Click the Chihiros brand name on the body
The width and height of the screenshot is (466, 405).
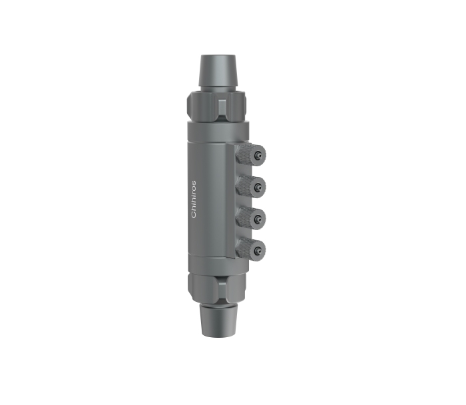point(194,199)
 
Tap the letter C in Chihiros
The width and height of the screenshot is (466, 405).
point(194,214)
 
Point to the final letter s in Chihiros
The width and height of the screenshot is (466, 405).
point(194,183)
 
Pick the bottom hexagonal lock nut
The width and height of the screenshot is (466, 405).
point(216,287)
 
